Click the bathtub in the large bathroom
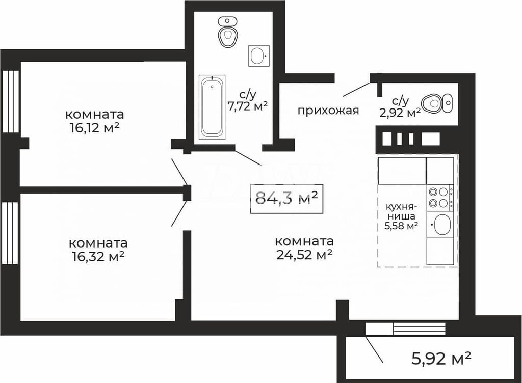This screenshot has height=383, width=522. coord(212,107)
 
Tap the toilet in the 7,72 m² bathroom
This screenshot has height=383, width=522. coord(228,32)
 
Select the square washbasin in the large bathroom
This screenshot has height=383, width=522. coord(258,56)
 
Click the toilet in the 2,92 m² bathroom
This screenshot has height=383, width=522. coord(432,102)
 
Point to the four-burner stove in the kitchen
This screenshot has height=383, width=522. coord(440,198)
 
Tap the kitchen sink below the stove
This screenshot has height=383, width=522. coord(440,225)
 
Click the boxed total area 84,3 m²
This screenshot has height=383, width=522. coord(286,199)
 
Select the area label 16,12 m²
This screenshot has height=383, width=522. coord(94,128)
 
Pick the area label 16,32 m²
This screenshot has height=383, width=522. coord(98,256)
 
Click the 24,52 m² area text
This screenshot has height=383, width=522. coord(304,254)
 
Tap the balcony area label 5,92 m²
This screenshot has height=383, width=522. coord(441,359)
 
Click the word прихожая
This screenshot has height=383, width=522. coord(328,111)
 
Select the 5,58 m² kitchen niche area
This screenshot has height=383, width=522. coord(401,226)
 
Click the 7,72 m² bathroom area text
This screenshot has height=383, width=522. coord(247,106)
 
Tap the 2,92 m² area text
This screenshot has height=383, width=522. coord(400,113)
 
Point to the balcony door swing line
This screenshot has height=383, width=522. coord(374,349)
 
